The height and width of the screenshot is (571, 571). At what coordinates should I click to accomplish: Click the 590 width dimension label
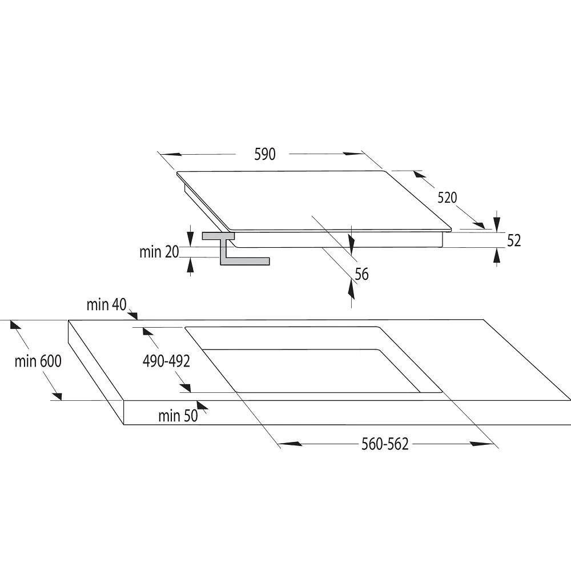(x=265, y=154)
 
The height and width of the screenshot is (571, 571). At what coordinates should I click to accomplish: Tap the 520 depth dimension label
(x=447, y=198)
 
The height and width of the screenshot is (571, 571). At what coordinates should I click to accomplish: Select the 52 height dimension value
(x=514, y=241)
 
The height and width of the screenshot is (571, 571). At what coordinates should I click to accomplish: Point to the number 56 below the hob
(x=361, y=274)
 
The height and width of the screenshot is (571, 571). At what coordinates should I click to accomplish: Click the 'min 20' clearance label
(x=159, y=252)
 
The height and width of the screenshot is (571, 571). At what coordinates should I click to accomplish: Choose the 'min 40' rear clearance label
(x=106, y=304)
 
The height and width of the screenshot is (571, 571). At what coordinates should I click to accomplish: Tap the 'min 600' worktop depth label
(x=38, y=361)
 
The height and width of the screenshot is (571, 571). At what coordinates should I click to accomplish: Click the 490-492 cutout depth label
(x=166, y=361)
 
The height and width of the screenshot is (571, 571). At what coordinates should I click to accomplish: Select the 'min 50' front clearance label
(x=178, y=416)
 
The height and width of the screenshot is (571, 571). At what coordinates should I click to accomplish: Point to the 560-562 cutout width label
(x=385, y=444)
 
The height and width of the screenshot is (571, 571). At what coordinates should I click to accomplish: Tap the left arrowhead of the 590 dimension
(x=171, y=154)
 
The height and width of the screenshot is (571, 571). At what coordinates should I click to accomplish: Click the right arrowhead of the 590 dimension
(x=353, y=154)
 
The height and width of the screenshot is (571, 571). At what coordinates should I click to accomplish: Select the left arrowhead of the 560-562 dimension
(x=291, y=444)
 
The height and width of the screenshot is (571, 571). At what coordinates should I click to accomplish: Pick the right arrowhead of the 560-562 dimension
(x=482, y=444)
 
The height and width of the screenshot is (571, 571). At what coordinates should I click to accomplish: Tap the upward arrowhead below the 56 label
(x=351, y=289)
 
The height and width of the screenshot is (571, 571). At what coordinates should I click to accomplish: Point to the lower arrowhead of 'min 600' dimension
(x=57, y=396)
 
